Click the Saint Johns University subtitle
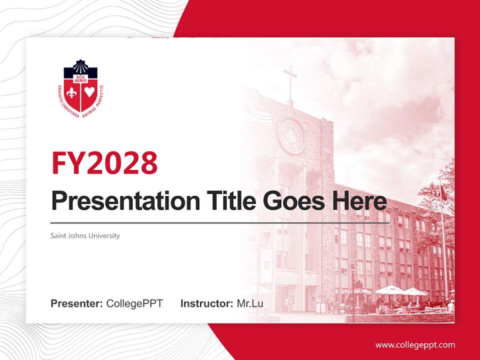[x=85, y=235]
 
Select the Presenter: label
[x=76, y=303]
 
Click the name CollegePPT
[x=134, y=303]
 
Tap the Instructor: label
[x=206, y=303]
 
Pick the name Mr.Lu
[x=249, y=303]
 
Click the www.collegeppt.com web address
[x=415, y=344]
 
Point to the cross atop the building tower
[x=290, y=80]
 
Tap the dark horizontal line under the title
[x=220, y=223]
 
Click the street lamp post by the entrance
[x=353, y=295]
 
